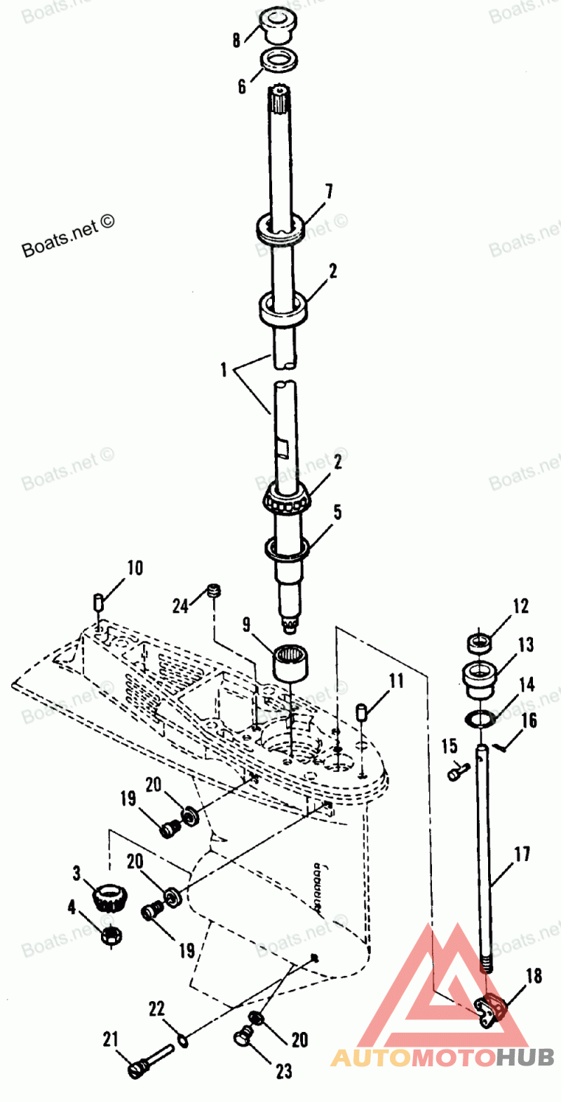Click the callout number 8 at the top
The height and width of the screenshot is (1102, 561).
[x=237, y=40]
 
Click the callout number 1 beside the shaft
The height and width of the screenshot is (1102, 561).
[x=224, y=369]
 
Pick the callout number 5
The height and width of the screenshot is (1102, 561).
[x=337, y=513]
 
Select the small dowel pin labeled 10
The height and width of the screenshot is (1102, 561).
[x=99, y=601]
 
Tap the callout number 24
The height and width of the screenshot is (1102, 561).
[x=180, y=605]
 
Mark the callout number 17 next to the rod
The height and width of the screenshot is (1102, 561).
[x=522, y=854]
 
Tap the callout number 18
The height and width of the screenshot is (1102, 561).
[x=534, y=976]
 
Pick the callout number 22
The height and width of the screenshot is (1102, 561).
[x=156, y=1009]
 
